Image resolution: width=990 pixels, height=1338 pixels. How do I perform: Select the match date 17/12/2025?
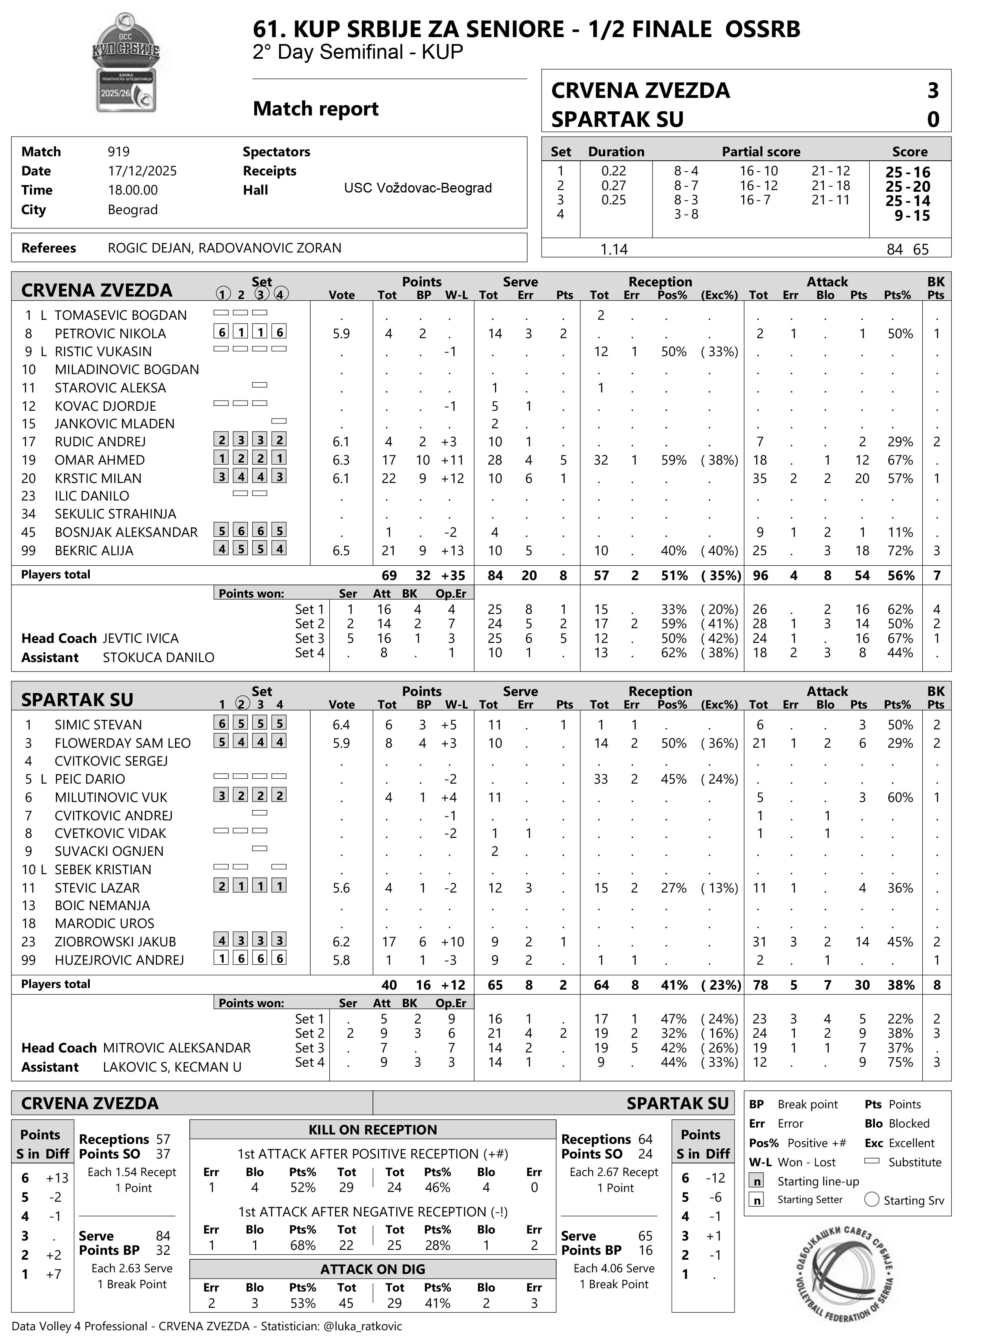(x=142, y=171)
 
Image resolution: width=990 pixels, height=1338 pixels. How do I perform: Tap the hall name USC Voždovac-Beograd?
(x=418, y=188)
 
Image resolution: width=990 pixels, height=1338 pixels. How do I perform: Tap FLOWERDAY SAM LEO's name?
(x=122, y=743)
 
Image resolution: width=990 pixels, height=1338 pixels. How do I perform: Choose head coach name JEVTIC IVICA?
(x=140, y=638)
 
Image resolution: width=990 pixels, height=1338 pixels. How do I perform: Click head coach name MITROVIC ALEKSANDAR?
(x=177, y=1048)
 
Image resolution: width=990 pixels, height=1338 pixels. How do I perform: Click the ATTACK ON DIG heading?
(x=373, y=1269)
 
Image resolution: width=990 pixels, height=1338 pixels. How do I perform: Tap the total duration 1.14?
(x=614, y=249)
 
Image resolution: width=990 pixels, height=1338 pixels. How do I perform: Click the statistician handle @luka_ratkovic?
(x=362, y=1326)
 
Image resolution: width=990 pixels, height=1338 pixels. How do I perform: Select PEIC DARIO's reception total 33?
(x=600, y=779)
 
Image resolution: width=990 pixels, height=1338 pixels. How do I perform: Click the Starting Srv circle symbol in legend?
(x=872, y=1200)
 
